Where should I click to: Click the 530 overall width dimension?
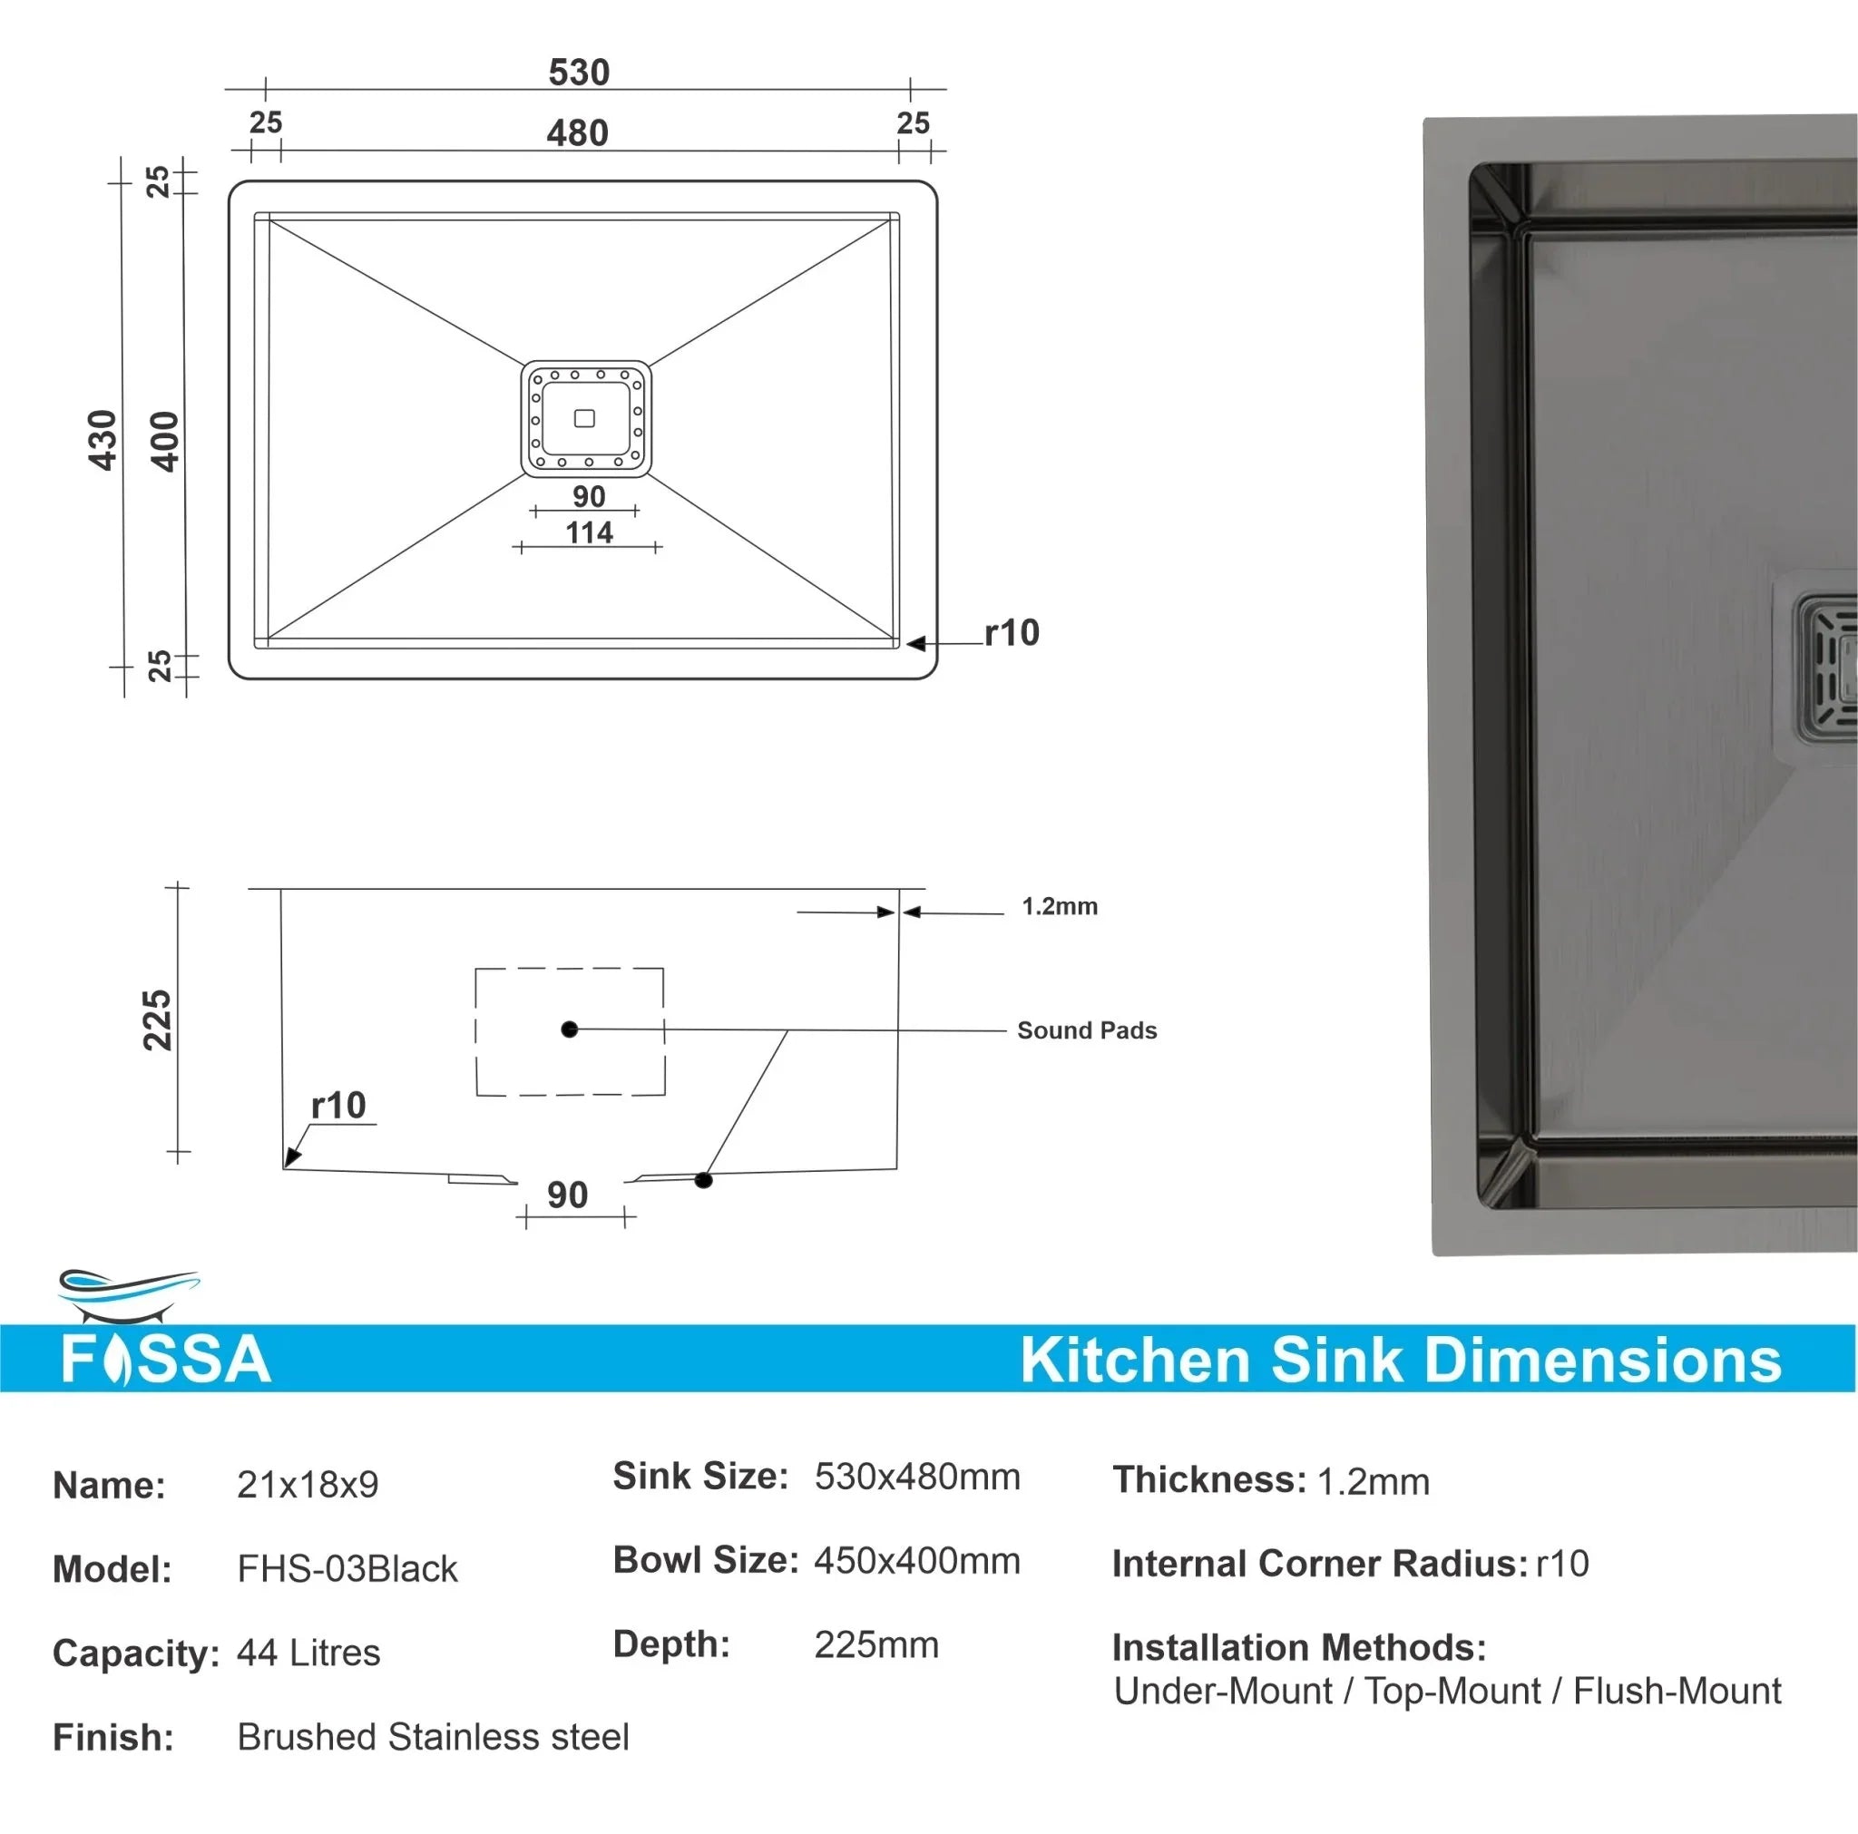click(579, 73)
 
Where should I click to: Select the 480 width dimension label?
click(577, 132)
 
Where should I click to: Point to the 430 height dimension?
click(103, 441)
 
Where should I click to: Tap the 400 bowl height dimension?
click(165, 442)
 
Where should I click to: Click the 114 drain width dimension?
click(589, 532)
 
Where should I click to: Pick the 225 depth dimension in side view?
click(157, 1019)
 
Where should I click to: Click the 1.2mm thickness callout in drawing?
click(1059, 906)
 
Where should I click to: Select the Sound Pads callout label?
click(1087, 1030)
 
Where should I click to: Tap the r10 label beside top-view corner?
click(1012, 633)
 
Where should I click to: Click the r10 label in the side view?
click(338, 1105)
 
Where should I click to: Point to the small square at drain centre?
click(583, 418)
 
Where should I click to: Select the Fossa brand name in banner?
click(165, 1358)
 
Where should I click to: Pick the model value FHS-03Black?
click(347, 1568)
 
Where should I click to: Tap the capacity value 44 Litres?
click(308, 1653)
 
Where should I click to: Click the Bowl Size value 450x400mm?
click(916, 1561)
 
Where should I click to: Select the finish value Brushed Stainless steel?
click(433, 1737)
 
